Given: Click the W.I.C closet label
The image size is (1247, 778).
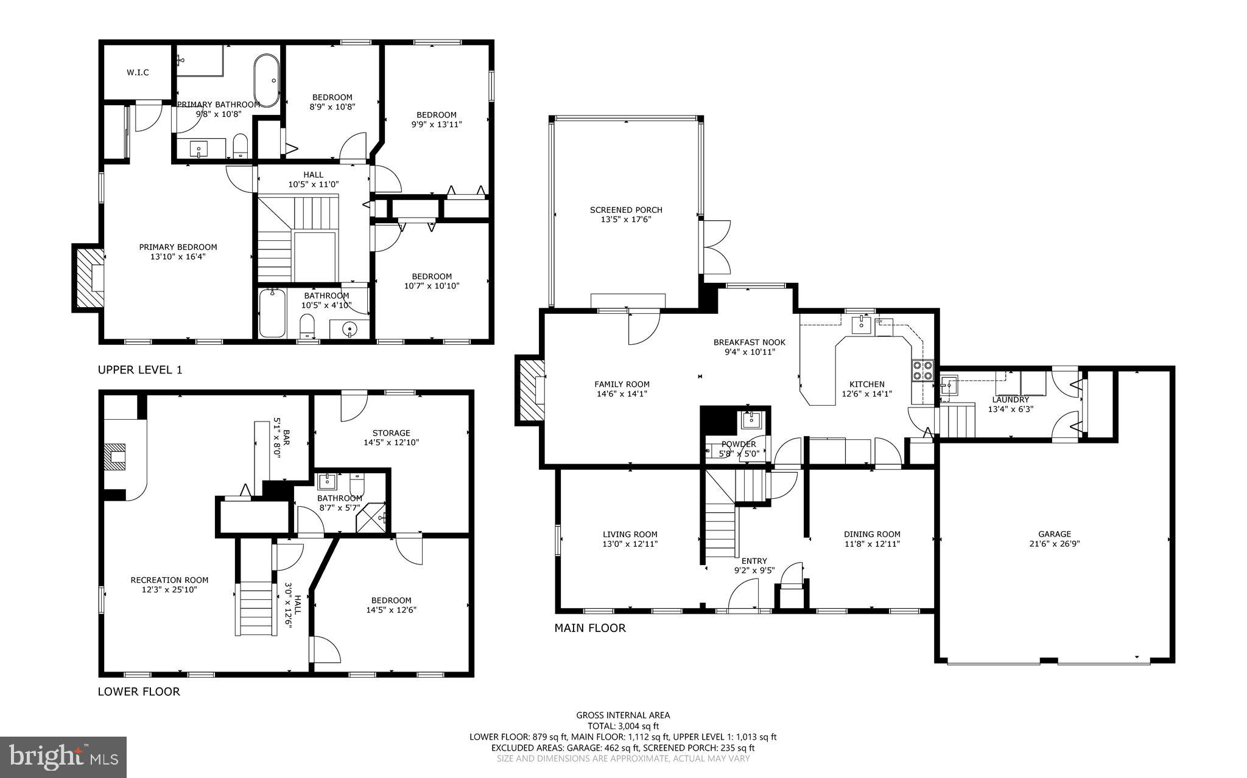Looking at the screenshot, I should pos(138,72).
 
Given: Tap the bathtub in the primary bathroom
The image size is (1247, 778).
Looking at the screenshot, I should pos(266,80).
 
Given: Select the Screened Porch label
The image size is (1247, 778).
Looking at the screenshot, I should pos(626,210).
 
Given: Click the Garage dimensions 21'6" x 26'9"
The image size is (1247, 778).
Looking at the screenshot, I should pos(1055,544).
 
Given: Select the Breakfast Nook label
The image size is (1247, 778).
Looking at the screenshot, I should pos(750,342).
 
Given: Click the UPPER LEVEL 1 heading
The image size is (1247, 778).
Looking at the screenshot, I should pos(140,370).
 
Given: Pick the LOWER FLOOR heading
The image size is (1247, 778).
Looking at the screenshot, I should pos(139,692).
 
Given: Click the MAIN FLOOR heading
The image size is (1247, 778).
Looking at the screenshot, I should pos(589,628).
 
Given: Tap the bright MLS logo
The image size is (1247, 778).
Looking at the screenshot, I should pos(63,757).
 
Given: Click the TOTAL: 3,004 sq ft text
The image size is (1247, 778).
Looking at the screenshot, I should pos(623,726).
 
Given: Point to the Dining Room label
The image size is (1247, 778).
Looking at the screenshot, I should pos(872,534).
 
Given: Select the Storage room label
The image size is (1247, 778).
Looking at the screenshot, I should pos(392,433).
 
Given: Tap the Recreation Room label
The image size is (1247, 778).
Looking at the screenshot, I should pos(169,580).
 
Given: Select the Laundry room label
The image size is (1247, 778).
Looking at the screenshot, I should pos(1010,400).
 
